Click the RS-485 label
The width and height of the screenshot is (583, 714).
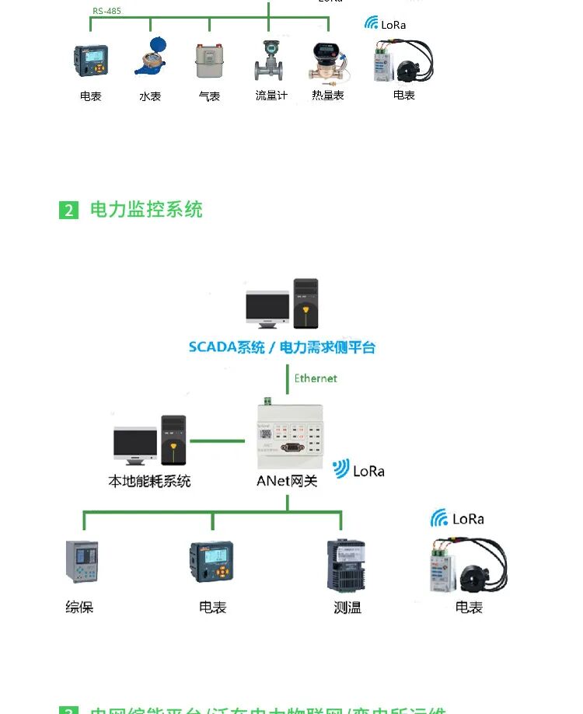[x=106, y=12]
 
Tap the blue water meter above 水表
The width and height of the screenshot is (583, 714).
[x=149, y=58]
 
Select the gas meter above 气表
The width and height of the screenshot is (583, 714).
[x=209, y=61]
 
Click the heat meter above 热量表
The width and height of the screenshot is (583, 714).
[x=327, y=61]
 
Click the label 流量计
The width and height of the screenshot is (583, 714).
[x=271, y=96]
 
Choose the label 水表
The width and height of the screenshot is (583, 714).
[x=150, y=96]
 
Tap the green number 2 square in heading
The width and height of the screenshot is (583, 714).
[x=69, y=210]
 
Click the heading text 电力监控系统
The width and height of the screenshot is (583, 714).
[x=146, y=209]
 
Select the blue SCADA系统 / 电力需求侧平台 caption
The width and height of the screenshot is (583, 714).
[x=281, y=347]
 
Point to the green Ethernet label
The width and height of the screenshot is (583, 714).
[x=316, y=378]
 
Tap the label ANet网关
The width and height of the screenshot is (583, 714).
[x=287, y=481]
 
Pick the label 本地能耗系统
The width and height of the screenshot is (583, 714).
[x=149, y=481]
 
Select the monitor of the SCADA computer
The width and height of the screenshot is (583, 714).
[x=267, y=308]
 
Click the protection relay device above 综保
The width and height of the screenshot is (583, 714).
[x=81, y=562]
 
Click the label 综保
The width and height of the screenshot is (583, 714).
[x=79, y=607]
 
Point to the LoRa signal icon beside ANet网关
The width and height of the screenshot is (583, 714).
[x=341, y=468]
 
